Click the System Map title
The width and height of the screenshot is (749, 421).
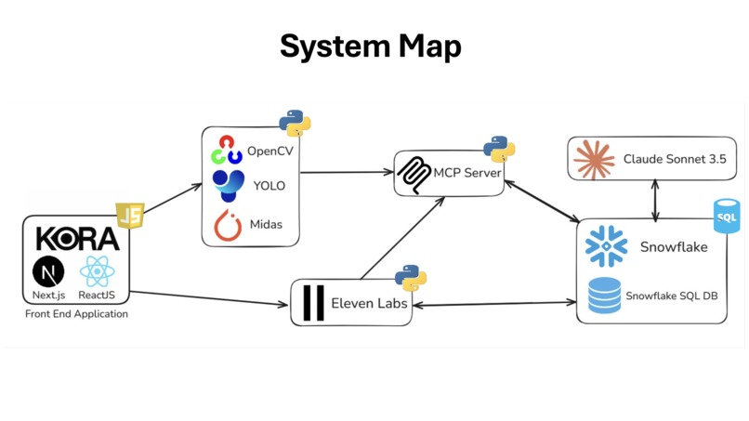click(x=370, y=46)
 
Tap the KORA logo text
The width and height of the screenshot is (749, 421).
click(x=78, y=240)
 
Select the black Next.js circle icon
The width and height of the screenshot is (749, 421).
click(x=48, y=271)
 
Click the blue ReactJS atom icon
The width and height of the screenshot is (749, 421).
click(x=97, y=271)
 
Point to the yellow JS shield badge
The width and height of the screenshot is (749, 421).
click(x=129, y=217)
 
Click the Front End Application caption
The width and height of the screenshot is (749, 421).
click(x=76, y=314)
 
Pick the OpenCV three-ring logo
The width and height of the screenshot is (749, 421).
click(x=227, y=150)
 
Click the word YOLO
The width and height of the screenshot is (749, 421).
click(x=269, y=186)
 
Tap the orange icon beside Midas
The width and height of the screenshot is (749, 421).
click(x=228, y=225)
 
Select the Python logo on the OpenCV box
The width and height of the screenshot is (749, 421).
click(x=295, y=123)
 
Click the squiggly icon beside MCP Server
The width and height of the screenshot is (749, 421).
click(x=414, y=174)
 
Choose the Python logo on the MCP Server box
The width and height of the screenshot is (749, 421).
click(x=499, y=149)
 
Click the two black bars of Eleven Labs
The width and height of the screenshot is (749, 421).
click(x=314, y=303)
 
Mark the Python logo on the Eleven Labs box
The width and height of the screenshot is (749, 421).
click(x=410, y=277)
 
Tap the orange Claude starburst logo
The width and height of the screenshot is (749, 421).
click(x=594, y=159)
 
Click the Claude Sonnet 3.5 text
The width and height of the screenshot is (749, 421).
click(x=675, y=159)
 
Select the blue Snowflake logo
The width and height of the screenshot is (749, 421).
click(x=606, y=246)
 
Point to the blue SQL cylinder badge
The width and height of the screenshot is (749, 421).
click(x=726, y=217)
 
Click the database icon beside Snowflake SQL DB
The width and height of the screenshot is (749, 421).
click(x=604, y=296)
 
